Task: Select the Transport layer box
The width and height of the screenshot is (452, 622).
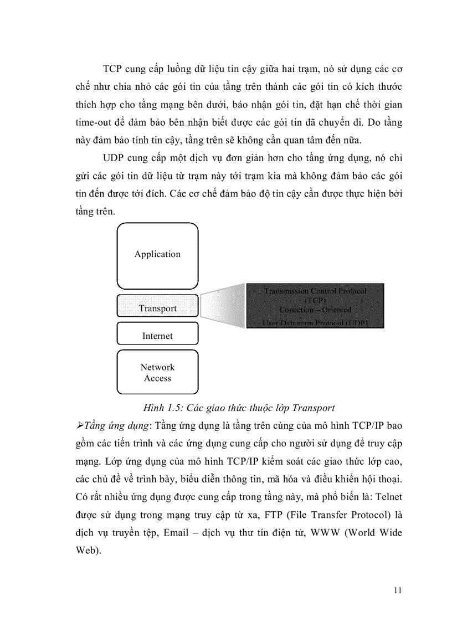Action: (157, 309)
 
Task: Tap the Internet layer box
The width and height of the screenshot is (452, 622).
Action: (157, 336)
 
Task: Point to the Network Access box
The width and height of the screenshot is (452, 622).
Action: (157, 372)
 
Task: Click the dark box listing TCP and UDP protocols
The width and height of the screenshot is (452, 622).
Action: (315, 306)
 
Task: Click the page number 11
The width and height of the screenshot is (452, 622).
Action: (397, 590)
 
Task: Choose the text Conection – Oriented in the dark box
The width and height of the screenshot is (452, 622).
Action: (315, 310)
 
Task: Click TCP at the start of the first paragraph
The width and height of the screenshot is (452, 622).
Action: (114, 69)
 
